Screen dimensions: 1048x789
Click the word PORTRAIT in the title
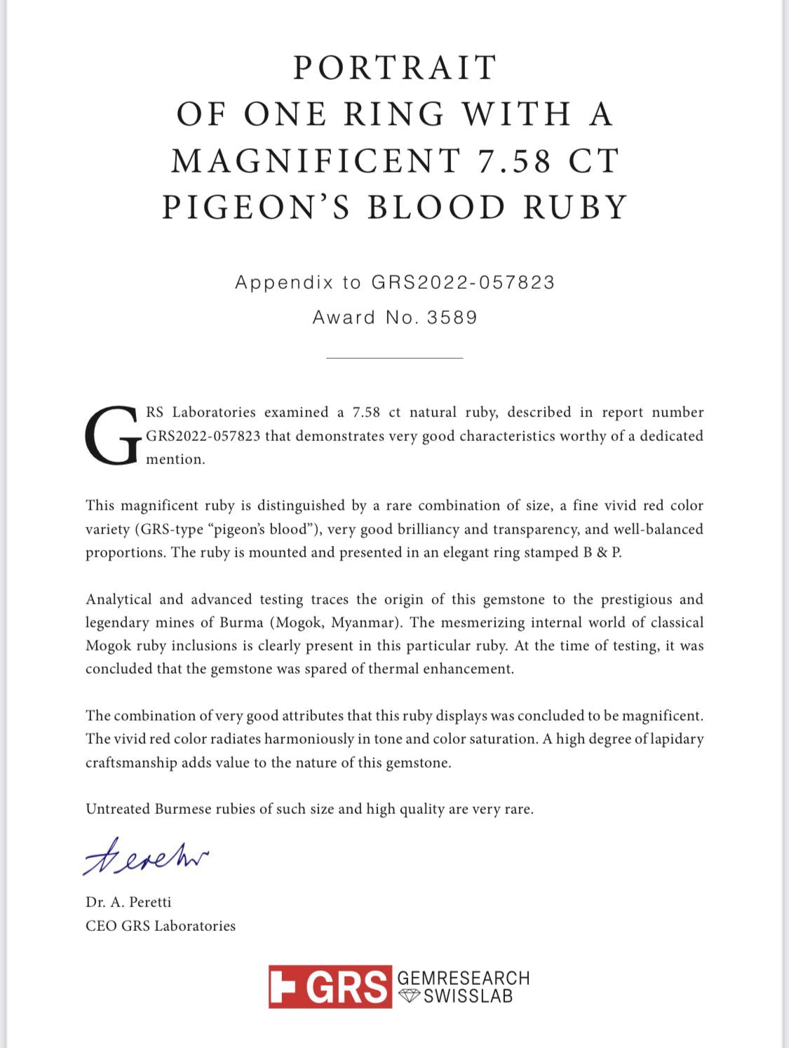[395, 68]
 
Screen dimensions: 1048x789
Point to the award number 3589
[452, 318]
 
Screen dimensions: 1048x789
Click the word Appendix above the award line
[283, 283]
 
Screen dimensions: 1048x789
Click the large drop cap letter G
[112, 435]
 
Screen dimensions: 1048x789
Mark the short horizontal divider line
[394, 358]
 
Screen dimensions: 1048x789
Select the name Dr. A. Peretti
[128, 902]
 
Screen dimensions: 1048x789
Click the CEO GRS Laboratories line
[161, 926]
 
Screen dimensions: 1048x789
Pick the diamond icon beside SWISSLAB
[409, 996]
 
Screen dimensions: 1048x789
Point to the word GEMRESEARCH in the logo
[463, 978]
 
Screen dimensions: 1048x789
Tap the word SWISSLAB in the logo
[468, 996]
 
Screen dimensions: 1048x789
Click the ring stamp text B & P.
[602, 552]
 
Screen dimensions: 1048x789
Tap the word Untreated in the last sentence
[118, 809]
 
